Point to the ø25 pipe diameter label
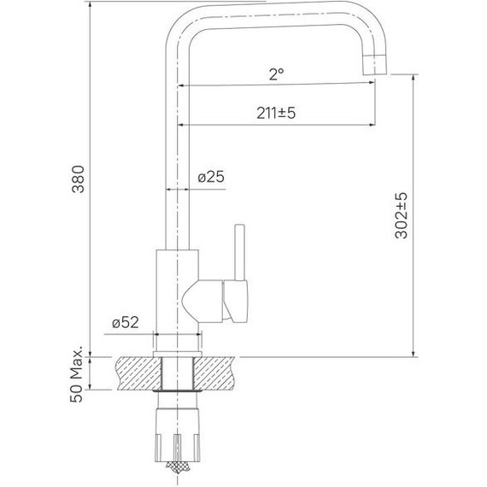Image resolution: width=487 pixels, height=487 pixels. coord(210,178)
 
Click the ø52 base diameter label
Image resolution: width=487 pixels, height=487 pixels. coord(126,322)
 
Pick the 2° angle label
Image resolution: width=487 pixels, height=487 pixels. coord(275,74)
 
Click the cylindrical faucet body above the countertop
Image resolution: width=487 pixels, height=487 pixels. coord(178,290)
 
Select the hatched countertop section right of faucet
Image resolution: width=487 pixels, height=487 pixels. coord(218,373)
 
